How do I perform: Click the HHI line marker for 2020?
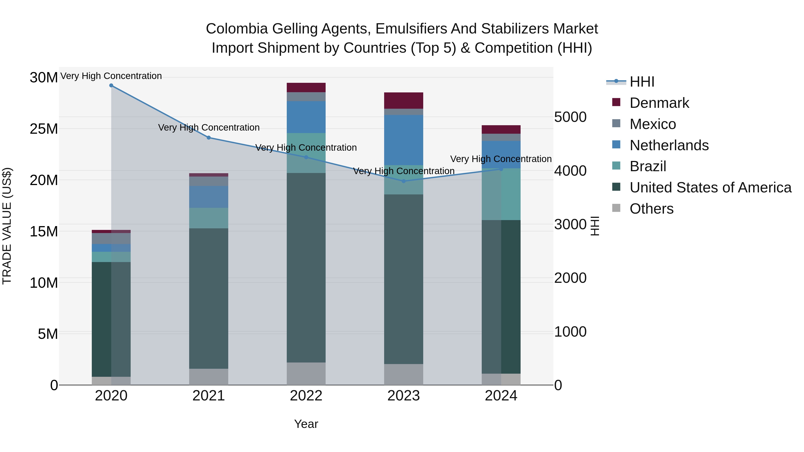point(111,85)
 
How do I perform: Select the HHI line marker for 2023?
point(403,181)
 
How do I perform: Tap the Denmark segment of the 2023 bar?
point(403,100)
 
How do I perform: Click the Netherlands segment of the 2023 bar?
point(403,140)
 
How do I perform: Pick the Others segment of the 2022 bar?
point(306,373)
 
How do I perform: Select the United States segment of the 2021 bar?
point(209,298)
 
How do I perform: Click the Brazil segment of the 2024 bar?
point(501,194)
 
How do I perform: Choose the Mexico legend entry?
point(652,124)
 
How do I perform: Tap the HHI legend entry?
point(642,82)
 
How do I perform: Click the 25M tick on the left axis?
point(44,129)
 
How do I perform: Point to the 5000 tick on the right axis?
point(570,117)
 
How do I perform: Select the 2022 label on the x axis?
point(306,396)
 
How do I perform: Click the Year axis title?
point(306,424)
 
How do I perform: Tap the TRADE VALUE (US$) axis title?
point(7,226)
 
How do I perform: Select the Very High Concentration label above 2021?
point(209,128)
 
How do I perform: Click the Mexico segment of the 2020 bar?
point(111,238)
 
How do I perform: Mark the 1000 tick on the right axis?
point(570,332)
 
